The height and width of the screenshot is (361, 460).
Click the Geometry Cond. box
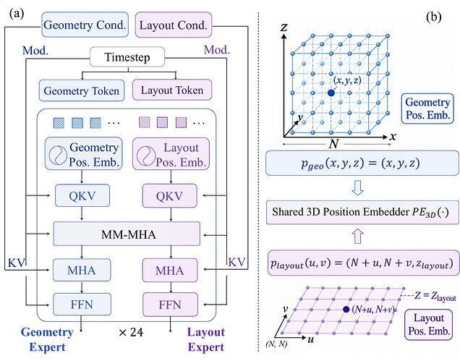[x=85, y=25]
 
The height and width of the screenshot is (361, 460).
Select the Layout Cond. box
[x=174, y=25]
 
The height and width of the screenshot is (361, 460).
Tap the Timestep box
[x=127, y=56]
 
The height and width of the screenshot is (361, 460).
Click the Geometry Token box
[x=82, y=90]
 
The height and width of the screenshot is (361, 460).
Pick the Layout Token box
[x=172, y=90]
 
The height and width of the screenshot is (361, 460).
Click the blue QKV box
[x=82, y=195]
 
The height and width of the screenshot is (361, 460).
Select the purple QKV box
[x=169, y=195]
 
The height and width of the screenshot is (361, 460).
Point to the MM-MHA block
[x=127, y=234]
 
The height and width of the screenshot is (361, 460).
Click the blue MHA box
[x=82, y=270]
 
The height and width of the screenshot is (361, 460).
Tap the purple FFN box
[x=170, y=305]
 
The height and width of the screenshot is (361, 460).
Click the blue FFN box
[x=82, y=304]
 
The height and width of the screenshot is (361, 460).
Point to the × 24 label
[x=131, y=332]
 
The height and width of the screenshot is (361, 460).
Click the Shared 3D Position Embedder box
[x=362, y=212]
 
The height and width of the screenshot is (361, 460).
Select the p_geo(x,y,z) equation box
[x=362, y=163]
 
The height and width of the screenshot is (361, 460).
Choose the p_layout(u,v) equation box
[x=364, y=263]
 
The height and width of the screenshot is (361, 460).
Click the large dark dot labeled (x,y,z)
[x=331, y=93]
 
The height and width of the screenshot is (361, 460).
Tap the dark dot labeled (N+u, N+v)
[x=346, y=309]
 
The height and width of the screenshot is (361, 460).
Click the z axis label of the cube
[x=284, y=27]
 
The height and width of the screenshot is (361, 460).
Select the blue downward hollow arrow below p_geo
[x=357, y=188]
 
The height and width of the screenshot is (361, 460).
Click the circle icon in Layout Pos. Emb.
[x=146, y=155]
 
